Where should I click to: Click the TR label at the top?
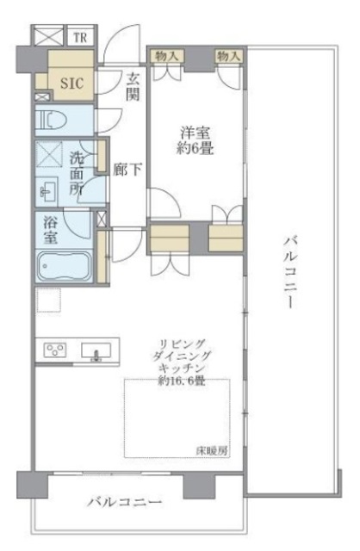pyautogui.click(x=80, y=37)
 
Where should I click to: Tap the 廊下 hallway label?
pyautogui.click(x=127, y=170)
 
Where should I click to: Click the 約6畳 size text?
pyautogui.click(x=197, y=149)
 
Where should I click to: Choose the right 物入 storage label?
pyautogui.click(x=227, y=56)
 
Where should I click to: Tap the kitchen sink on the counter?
pyautogui.click(x=94, y=350)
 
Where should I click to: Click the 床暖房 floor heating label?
pyautogui.click(x=212, y=450)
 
